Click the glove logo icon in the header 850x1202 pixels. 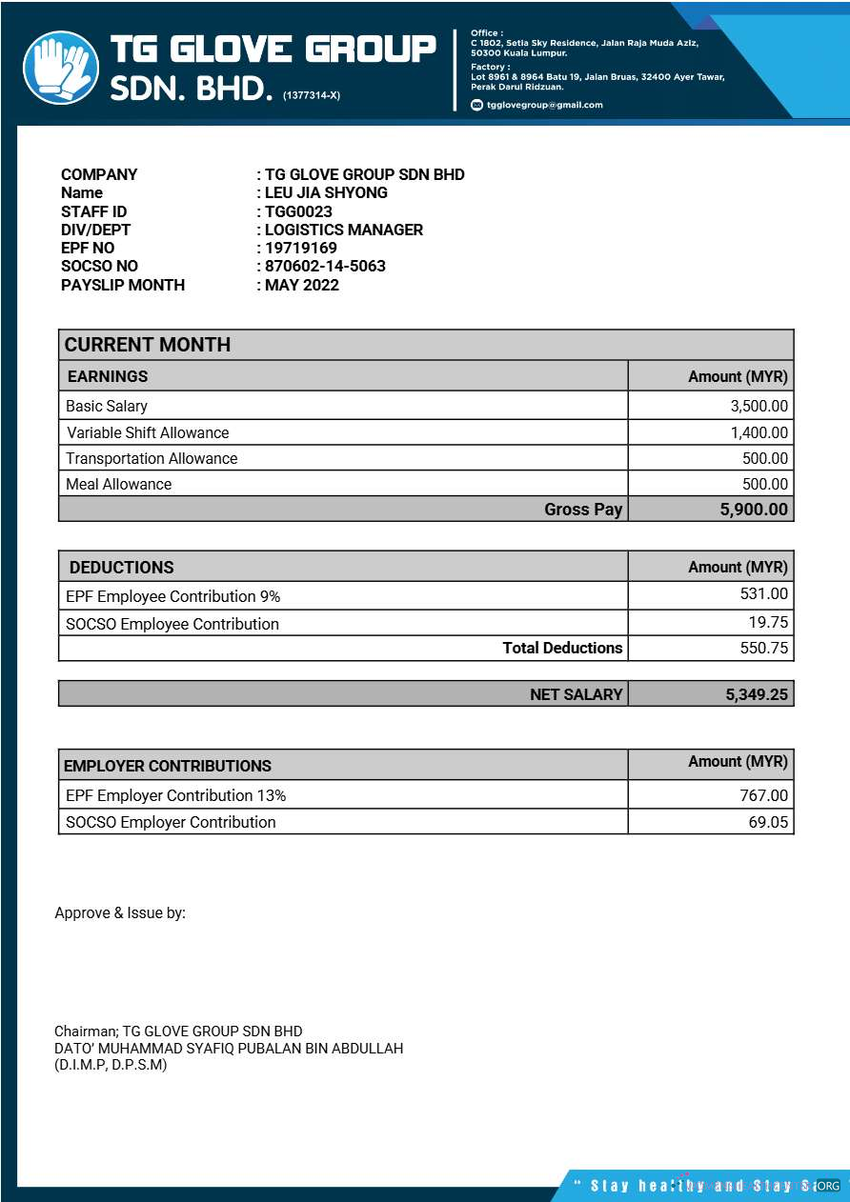coord(60,68)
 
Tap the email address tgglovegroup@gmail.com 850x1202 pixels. coord(544,105)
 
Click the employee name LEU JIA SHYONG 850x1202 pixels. coord(325,192)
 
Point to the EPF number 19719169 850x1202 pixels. coord(300,248)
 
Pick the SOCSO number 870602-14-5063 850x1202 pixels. coord(324,266)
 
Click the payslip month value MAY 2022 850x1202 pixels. coord(301,285)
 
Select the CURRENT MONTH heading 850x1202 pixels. coord(148,345)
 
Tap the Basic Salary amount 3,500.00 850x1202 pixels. coord(759,406)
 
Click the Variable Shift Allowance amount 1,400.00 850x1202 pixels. coord(759,432)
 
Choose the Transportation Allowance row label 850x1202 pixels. coord(152,458)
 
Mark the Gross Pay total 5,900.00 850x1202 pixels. coord(754,510)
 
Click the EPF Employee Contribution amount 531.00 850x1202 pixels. coord(764,593)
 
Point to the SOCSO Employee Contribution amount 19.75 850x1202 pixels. coord(768,622)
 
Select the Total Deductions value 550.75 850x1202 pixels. coord(764,648)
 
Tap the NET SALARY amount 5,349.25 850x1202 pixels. coord(757,694)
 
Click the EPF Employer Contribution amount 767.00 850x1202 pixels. coord(764,795)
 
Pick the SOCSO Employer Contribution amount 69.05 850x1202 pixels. coord(768,822)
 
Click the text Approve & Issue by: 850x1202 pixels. coord(120,912)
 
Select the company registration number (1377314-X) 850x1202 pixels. coord(311,95)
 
